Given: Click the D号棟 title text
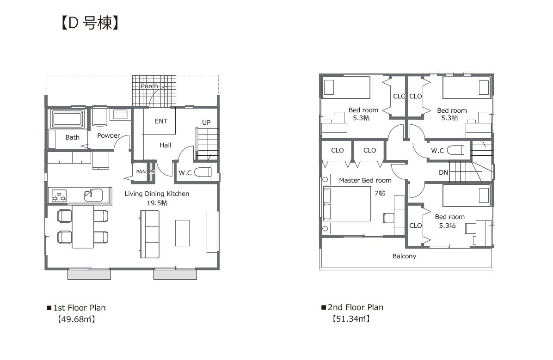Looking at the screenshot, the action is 90,23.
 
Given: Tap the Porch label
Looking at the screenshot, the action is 149,86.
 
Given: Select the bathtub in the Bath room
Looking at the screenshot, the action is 67,119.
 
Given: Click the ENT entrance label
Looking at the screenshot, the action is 161,121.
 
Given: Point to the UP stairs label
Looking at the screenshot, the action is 206,122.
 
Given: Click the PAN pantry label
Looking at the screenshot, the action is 141,172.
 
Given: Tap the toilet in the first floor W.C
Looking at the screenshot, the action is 203,172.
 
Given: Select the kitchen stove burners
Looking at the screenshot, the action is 59,196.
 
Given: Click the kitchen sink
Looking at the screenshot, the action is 93,195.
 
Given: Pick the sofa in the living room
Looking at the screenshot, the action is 149,234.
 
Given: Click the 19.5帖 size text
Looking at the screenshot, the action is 157,203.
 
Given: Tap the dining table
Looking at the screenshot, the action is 83,227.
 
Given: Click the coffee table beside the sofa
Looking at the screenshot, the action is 182,233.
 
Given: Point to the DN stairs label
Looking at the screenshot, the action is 443,172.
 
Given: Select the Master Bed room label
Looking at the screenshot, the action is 365,180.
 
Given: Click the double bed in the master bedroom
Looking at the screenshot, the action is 347,204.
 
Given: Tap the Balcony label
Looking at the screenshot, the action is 404,256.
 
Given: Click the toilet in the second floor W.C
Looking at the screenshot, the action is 455,150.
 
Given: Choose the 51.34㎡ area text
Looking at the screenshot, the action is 351,319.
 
